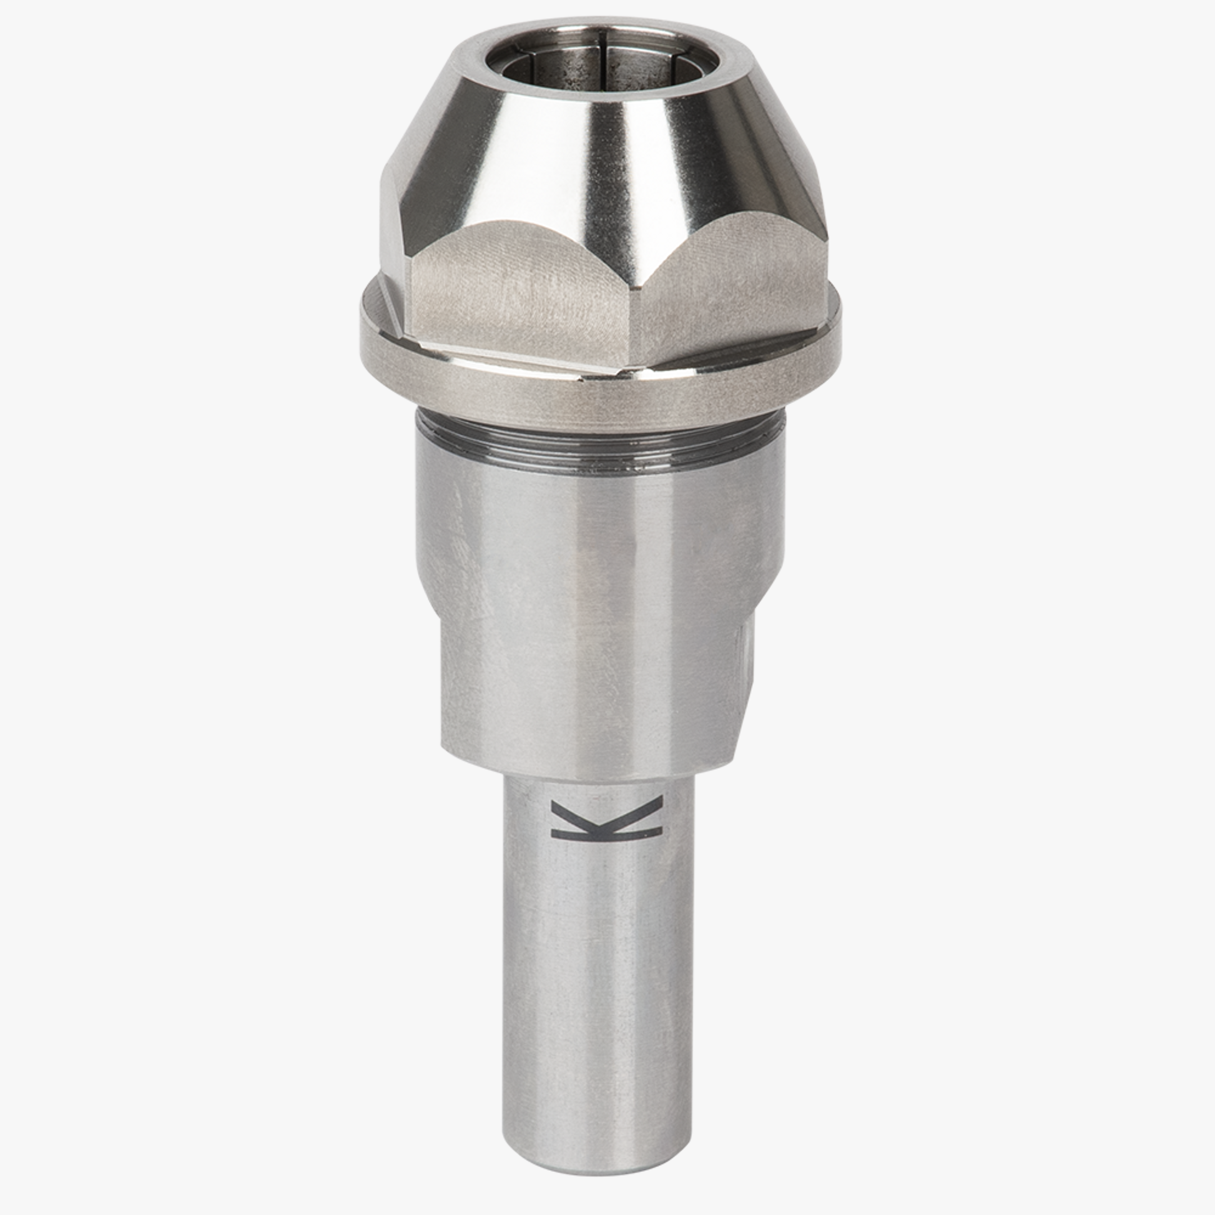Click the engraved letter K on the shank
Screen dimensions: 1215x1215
(606, 819)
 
